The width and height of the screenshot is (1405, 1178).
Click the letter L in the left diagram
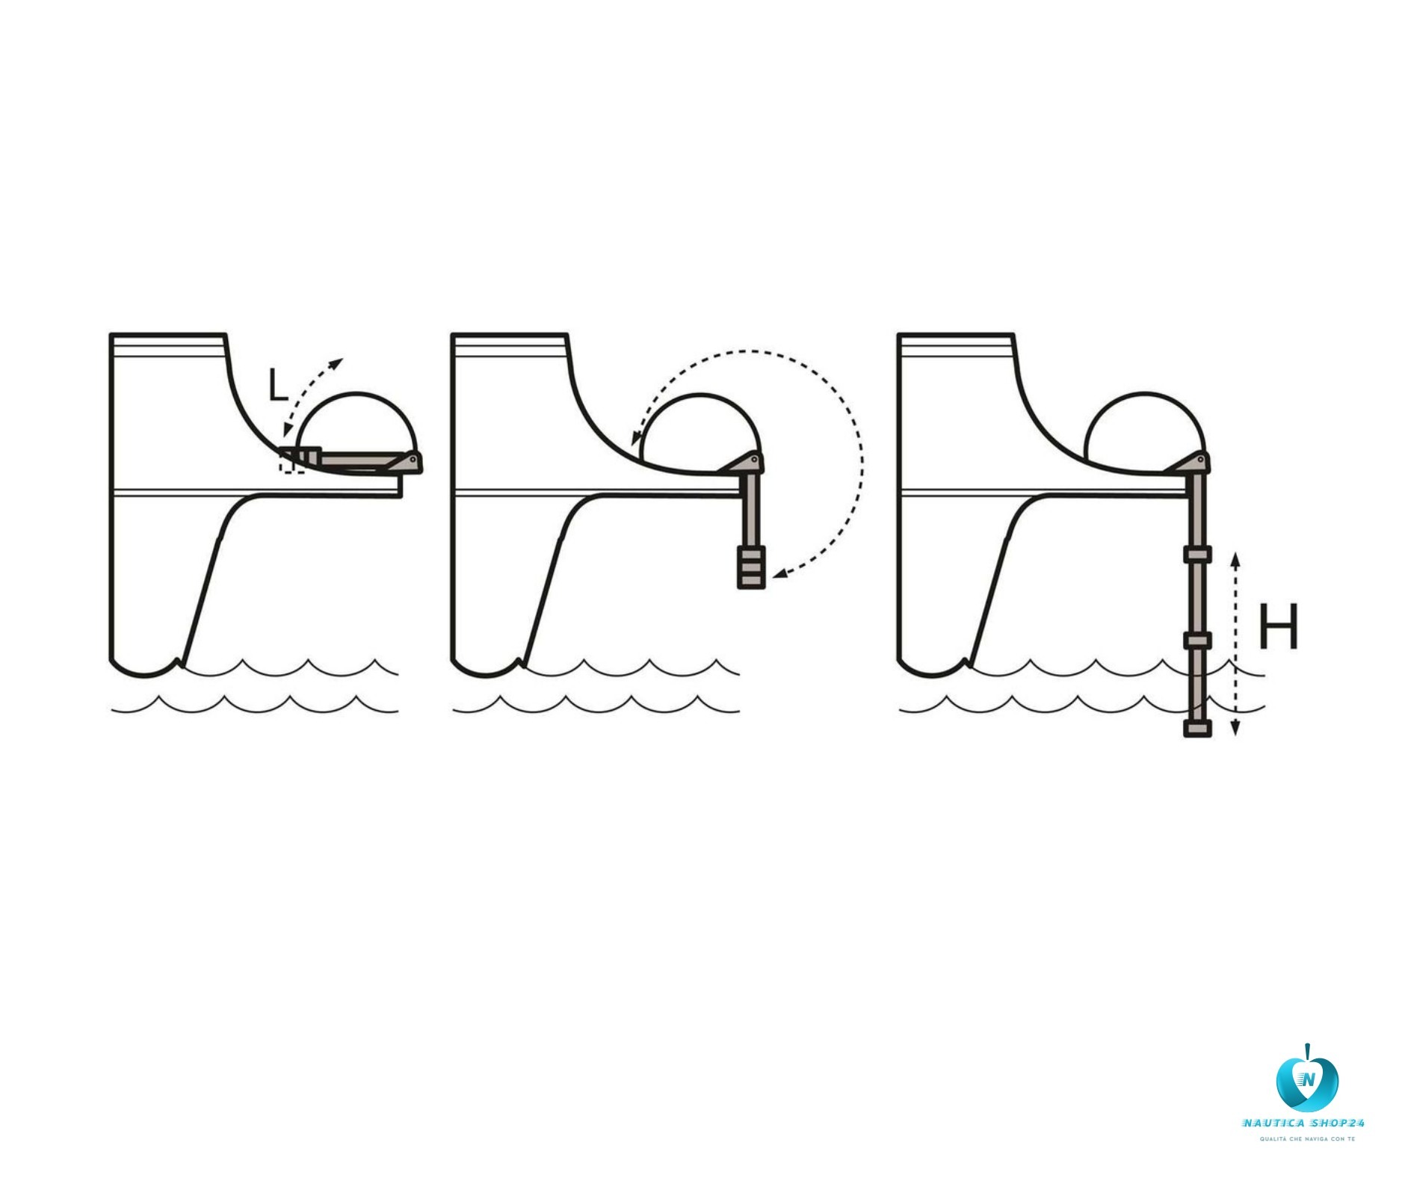(x=277, y=386)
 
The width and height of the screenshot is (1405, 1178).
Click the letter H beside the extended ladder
(x=1278, y=626)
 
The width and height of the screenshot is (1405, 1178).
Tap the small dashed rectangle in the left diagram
(x=291, y=461)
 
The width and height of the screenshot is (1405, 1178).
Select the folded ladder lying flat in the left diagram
(x=351, y=463)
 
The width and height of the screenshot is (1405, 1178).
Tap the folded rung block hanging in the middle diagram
(x=751, y=568)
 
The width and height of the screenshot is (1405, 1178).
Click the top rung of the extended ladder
(x=1196, y=555)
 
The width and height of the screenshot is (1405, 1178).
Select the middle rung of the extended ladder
(x=1196, y=640)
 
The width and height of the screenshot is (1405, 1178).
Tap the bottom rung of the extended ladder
(x=1196, y=728)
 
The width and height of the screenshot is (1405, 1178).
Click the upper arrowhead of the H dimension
(x=1235, y=559)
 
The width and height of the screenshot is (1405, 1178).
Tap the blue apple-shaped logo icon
(x=1306, y=1079)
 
